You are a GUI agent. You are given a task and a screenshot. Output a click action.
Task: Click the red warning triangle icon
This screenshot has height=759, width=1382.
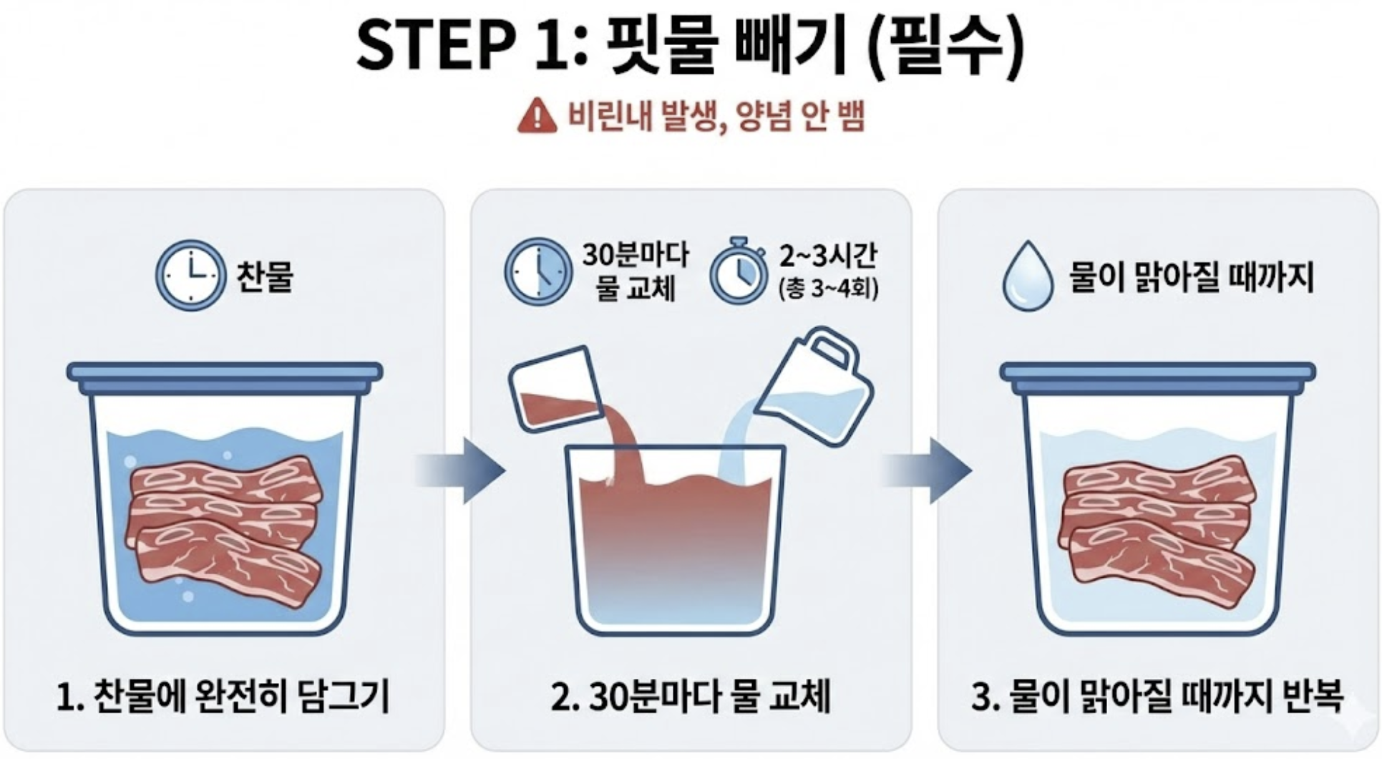click(x=537, y=116)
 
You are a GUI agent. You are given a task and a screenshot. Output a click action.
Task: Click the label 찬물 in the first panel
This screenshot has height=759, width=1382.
click(x=265, y=276)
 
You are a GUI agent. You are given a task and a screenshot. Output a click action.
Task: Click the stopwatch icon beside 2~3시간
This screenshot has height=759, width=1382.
click(x=739, y=272)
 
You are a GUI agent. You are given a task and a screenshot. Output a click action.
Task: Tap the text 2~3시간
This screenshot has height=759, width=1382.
click(x=829, y=256)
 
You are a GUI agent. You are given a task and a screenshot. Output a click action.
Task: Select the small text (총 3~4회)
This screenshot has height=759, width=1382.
click(x=828, y=289)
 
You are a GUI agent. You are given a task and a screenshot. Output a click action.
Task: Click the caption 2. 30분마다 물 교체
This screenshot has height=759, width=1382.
click(x=691, y=696)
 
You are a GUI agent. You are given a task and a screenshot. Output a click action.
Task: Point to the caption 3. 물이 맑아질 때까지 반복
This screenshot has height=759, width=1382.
click(x=1157, y=696)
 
